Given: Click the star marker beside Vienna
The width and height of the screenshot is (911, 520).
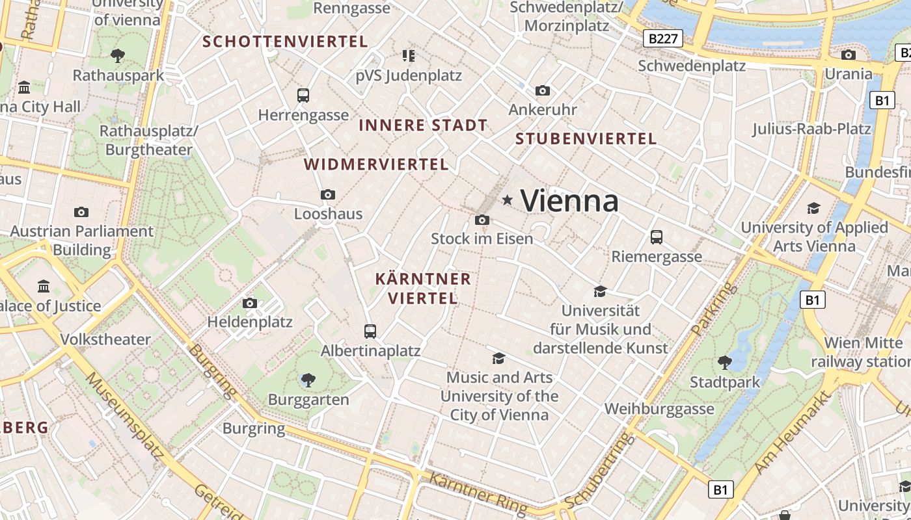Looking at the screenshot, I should (508, 200).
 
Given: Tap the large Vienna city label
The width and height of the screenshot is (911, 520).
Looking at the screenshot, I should (569, 200).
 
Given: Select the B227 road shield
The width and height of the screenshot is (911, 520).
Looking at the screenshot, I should (663, 38).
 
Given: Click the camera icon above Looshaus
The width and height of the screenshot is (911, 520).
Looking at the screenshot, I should (328, 194).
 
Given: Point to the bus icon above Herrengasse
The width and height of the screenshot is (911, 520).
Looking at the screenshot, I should (303, 96).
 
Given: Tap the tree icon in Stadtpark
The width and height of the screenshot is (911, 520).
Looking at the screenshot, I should (724, 362).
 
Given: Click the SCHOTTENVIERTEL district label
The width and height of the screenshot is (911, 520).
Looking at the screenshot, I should (285, 42).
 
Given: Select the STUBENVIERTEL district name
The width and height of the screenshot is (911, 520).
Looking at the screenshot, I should (586, 138).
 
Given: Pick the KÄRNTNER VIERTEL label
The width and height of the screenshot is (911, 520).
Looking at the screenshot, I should (423, 289).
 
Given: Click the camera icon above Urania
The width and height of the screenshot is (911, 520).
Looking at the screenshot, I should (848, 55).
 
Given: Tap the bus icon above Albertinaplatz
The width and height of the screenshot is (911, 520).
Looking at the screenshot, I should (370, 331).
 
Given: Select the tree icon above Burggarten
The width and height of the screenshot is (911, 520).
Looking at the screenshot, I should (308, 380).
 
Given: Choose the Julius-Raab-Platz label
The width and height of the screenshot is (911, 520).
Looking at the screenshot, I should (811, 129).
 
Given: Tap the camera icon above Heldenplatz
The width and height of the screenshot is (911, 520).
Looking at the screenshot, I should (249, 303).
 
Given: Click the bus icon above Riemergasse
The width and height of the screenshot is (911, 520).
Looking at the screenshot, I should (656, 237).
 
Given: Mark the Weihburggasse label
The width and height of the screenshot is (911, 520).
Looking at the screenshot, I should (659, 409).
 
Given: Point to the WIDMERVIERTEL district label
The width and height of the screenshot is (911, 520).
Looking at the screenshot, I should (376, 164).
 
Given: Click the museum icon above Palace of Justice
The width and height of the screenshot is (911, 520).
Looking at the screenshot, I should (44, 286).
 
